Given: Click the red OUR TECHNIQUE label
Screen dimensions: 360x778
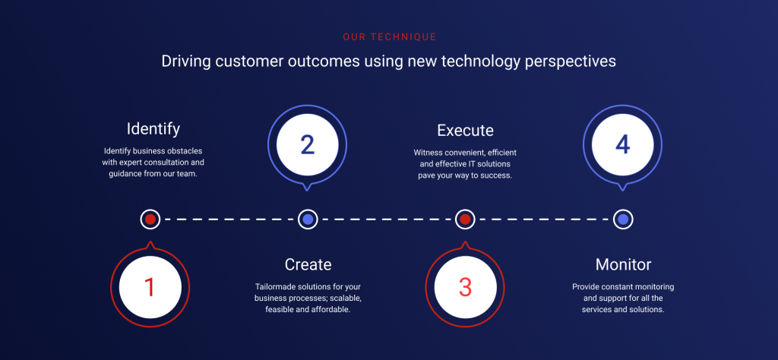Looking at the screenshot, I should point(389,36).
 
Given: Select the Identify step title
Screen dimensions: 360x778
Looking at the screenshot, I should point(153,128).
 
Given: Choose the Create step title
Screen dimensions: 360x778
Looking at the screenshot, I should point(308,264).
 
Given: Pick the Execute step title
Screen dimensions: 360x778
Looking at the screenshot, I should point(465,130).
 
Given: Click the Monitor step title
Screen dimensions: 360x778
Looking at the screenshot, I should point(623,264).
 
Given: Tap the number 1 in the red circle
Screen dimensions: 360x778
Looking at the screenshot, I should point(150,287).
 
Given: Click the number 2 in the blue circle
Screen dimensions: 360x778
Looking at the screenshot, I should point(307,144).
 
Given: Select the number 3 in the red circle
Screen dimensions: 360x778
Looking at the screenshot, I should point(465,287).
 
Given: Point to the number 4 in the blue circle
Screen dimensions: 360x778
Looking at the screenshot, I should point(623,144).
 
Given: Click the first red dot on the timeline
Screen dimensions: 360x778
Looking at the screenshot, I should point(150,219).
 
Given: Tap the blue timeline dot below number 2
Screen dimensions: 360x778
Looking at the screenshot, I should point(308,219).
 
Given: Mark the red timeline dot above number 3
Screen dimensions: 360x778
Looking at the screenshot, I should point(465,219).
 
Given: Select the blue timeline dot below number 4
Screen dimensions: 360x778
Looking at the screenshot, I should point(623,219).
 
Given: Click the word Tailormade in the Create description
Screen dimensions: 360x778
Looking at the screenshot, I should point(279,287).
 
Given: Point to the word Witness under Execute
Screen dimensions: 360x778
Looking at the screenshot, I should point(429,153).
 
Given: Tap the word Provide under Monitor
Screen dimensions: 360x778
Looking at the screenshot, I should point(589,287).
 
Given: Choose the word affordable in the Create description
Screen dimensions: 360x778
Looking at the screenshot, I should point(329,310).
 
